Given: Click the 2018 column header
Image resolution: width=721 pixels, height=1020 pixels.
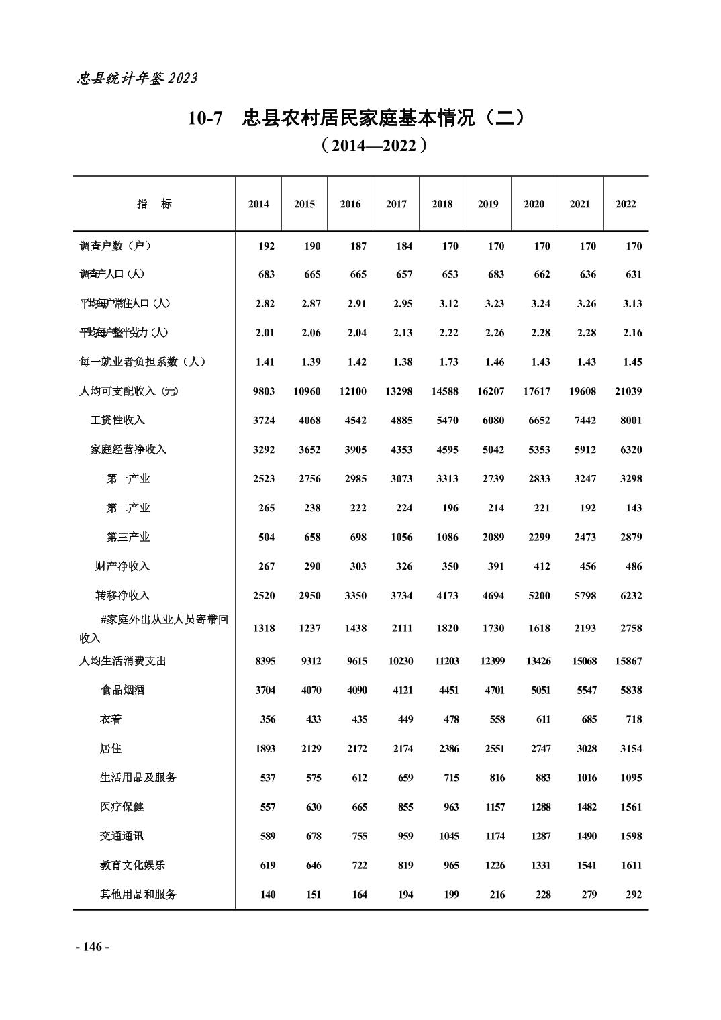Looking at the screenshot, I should click(442, 204).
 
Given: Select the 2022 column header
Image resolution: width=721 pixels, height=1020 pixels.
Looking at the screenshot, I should click(625, 204).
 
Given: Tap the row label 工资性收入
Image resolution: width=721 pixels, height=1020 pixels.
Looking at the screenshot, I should click(117, 420).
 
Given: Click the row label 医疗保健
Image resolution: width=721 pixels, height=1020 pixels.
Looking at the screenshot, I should click(122, 807).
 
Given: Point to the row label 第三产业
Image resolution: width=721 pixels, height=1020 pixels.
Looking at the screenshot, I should click(128, 537).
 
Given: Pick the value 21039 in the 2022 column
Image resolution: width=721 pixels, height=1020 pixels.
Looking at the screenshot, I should click(628, 391).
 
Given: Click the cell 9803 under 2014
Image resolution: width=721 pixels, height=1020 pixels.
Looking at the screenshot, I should click(264, 391).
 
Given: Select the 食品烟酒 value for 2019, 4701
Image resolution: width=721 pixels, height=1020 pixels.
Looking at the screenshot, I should click(493, 690).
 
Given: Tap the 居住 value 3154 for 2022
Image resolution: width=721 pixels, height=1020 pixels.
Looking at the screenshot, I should click(630, 748).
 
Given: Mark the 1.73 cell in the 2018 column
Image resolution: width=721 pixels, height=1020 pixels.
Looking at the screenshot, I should click(448, 362).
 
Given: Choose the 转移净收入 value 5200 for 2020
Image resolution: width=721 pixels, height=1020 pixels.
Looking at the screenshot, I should click(539, 595).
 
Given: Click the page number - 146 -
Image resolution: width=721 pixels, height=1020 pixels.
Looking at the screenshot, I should click(92, 947).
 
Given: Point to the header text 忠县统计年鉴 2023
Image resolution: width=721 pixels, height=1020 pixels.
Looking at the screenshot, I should click(136, 79).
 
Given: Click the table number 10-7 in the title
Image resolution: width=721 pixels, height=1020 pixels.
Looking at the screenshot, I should click(205, 119).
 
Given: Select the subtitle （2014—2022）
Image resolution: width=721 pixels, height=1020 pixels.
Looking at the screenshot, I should click(373, 145).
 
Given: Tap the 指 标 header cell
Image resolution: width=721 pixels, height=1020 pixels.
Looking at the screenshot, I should click(154, 204).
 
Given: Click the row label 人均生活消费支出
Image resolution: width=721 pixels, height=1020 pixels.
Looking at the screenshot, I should click(123, 661).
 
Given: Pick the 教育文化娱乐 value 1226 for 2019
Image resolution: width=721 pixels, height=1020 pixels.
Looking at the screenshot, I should click(495, 865).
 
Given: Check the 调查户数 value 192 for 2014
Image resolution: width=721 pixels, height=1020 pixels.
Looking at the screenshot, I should click(266, 246).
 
